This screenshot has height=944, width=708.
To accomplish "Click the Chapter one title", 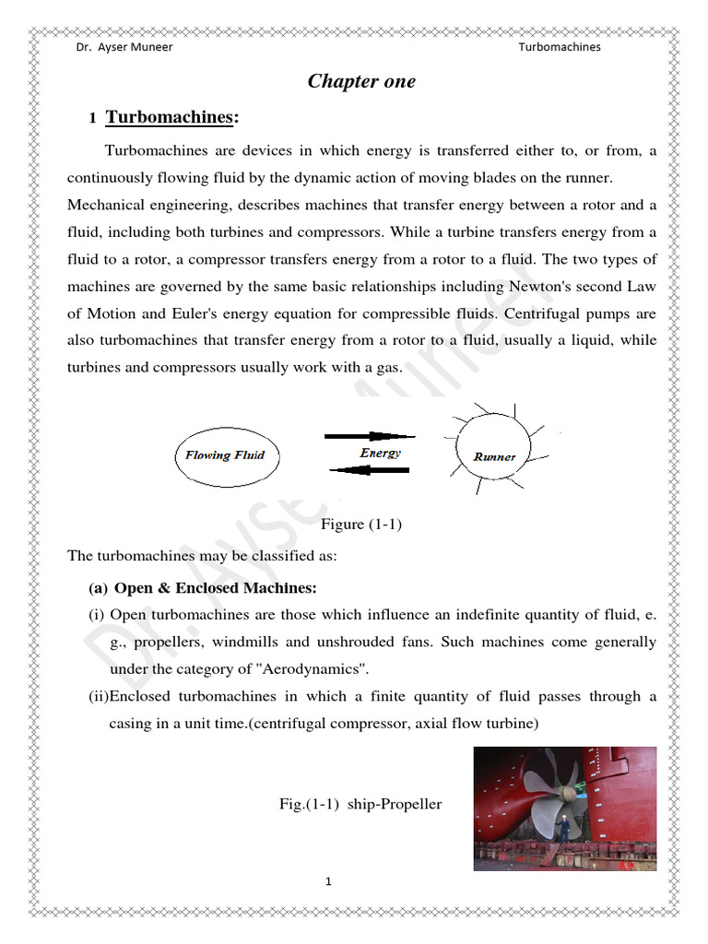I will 361,82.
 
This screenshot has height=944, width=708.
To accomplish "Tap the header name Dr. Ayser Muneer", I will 124,47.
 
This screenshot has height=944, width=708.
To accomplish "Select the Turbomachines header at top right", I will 559,47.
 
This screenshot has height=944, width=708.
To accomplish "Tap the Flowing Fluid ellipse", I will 225,455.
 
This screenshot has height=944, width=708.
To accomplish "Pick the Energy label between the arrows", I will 380,453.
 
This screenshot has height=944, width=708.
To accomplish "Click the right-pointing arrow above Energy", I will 370,435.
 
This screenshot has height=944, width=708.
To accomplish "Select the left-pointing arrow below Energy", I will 370,470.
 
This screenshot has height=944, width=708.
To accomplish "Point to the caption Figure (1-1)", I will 361,525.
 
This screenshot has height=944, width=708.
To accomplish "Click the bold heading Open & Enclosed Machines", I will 215,588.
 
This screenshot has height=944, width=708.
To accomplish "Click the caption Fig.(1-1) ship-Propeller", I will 360,805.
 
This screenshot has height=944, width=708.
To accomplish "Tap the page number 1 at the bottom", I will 328,882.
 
